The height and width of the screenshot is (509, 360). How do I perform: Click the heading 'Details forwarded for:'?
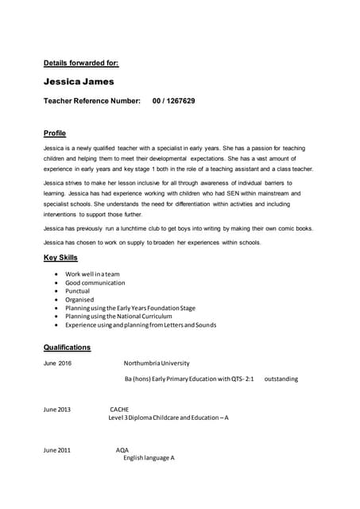click(81, 62)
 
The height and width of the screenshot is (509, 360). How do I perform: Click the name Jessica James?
click(79, 81)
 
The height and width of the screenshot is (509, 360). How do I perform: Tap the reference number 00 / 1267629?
click(173, 101)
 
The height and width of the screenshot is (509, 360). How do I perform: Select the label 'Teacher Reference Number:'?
click(91, 101)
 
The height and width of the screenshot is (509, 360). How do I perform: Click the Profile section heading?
click(55, 133)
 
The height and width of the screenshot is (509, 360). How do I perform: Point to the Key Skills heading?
click(60, 258)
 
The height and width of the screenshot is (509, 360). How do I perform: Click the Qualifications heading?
click(68, 348)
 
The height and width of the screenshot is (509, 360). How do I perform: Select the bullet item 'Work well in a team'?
click(92, 274)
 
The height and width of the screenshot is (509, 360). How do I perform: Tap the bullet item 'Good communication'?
click(95, 282)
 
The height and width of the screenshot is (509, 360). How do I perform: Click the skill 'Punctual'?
click(78, 291)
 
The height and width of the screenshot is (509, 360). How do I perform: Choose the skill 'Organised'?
click(79, 300)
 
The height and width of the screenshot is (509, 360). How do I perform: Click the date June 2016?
click(57, 363)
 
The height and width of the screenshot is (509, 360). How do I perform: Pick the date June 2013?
click(57, 410)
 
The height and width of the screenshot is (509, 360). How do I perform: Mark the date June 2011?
click(57, 450)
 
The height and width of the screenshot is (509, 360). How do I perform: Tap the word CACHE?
click(119, 410)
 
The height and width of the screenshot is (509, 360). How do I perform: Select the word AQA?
click(122, 450)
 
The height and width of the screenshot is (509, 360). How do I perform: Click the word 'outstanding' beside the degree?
click(281, 379)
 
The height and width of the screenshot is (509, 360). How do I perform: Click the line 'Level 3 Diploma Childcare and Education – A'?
click(168, 418)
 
